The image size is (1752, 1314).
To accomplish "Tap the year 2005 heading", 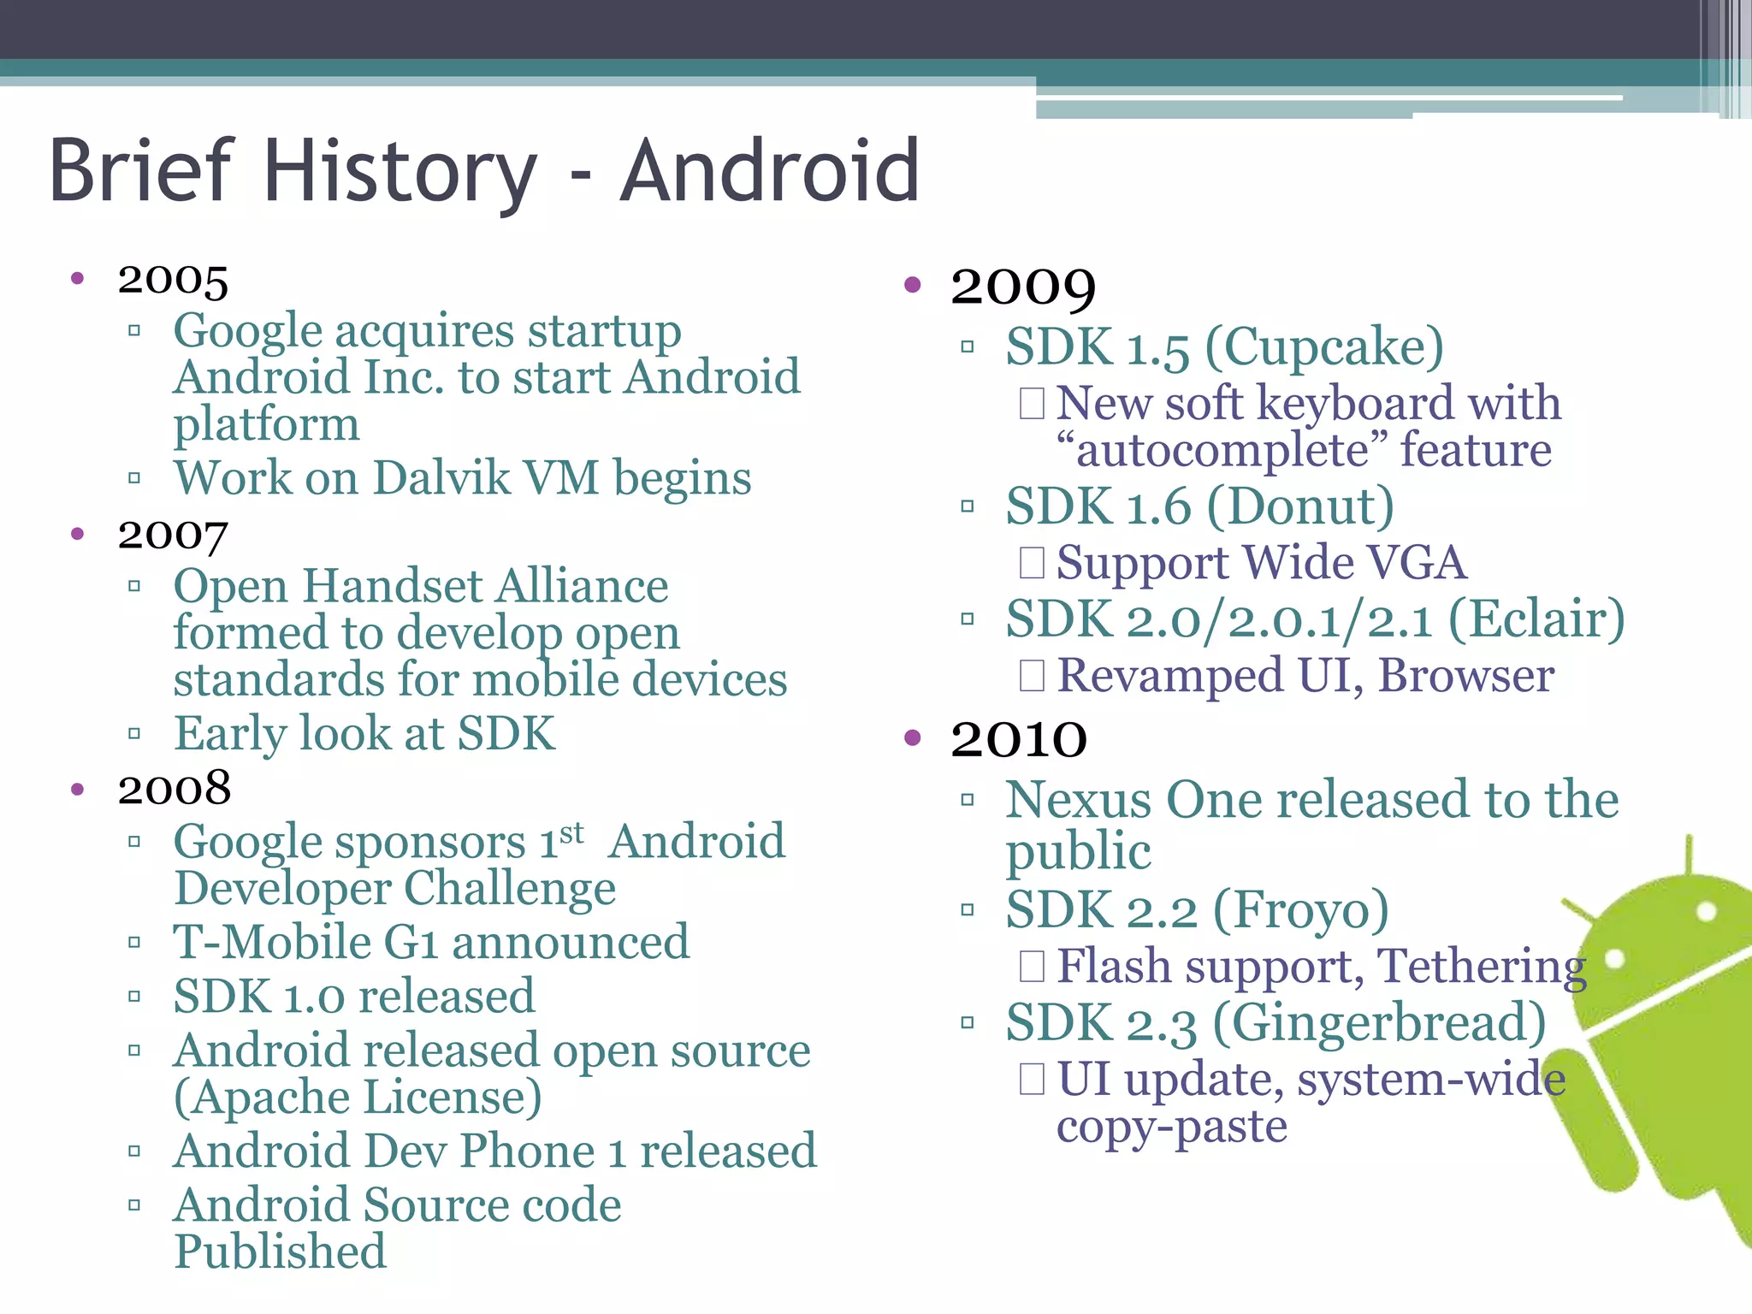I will (x=173, y=280).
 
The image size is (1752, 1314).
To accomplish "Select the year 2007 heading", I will (x=173, y=536).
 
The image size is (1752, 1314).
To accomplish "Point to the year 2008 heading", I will (x=175, y=789).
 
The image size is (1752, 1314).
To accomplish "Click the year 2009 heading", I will (x=1023, y=287).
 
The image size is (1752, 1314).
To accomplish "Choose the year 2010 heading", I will (x=1019, y=738).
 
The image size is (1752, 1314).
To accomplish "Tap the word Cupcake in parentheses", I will (x=1324, y=348).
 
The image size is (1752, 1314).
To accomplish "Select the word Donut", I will (x=1301, y=506).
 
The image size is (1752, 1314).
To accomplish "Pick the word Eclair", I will (x=1536, y=619).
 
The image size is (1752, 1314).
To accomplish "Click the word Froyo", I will (x=1301, y=909).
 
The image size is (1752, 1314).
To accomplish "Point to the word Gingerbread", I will (x=1379, y=1023).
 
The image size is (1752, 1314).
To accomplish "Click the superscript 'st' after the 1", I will (x=571, y=832).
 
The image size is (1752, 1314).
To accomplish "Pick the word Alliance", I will (x=583, y=587).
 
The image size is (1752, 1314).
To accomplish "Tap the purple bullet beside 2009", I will (x=913, y=285).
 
